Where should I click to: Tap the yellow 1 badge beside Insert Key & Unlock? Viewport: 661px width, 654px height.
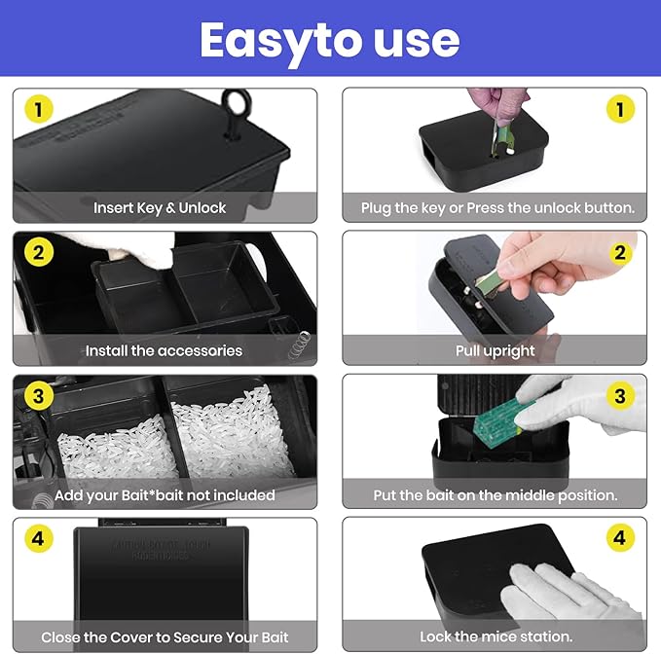point(38,109)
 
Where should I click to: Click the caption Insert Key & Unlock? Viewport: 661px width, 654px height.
point(160,207)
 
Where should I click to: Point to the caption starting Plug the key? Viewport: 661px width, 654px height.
point(497,207)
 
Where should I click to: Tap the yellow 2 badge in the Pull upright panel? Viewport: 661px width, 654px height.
point(619,252)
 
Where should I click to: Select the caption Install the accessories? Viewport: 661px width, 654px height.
point(164,350)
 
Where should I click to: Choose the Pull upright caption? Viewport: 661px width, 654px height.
point(496,350)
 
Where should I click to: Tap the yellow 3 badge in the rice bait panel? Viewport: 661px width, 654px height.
point(38,395)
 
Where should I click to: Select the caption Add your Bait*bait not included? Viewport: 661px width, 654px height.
point(165,494)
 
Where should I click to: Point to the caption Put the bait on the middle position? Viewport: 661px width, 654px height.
point(496,494)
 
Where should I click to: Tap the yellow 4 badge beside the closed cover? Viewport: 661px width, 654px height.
point(38,538)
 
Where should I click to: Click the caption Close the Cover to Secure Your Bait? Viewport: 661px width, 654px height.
point(165,637)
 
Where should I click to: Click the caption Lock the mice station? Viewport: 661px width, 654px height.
point(496,637)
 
